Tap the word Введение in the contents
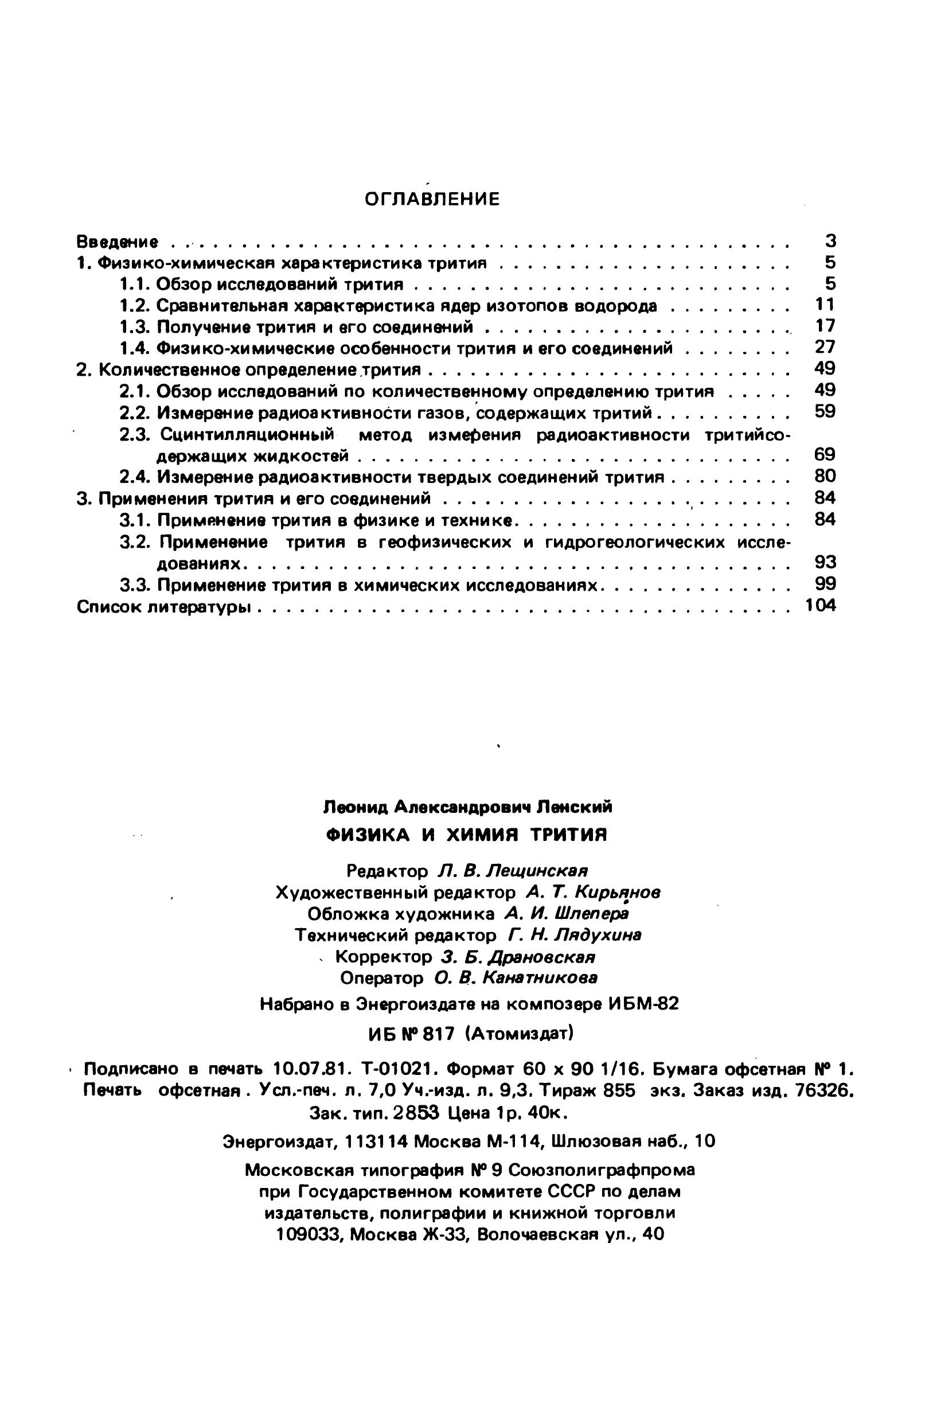click(118, 242)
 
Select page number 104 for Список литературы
click(819, 606)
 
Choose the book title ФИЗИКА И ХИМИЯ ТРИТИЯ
click(466, 835)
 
